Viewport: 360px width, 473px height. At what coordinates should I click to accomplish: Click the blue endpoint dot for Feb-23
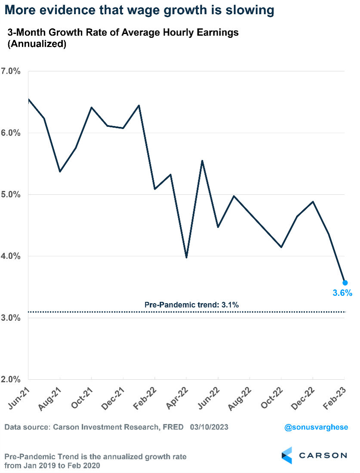[x=345, y=283]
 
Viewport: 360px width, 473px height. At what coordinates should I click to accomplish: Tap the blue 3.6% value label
[x=342, y=293]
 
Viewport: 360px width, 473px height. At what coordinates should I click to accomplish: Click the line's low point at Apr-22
[x=186, y=258]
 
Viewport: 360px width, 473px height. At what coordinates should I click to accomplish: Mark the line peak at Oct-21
[x=92, y=107]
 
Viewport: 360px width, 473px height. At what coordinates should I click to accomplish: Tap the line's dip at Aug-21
[x=60, y=172]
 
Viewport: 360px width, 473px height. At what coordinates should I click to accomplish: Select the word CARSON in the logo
[x=323, y=455]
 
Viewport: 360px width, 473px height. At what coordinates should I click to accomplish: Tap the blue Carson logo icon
[x=287, y=455]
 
